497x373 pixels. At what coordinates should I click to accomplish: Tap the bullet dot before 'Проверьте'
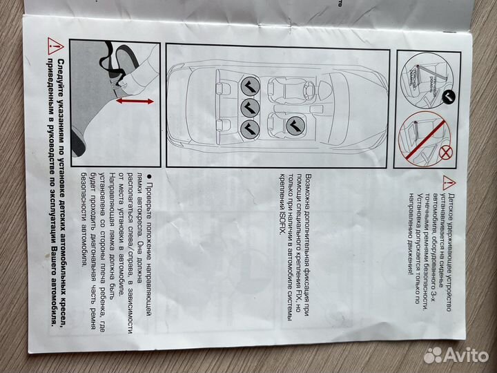[x=148, y=190]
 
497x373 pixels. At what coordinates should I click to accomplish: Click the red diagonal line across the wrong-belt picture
[x=422, y=135]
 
